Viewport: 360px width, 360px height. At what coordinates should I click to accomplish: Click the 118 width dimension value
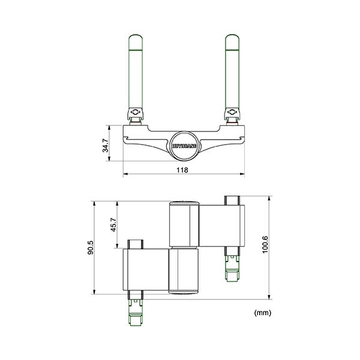click(x=183, y=170)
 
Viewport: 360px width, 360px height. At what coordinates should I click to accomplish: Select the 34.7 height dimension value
click(x=106, y=146)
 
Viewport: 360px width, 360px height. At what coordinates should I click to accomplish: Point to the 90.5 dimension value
click(x=91, y=247)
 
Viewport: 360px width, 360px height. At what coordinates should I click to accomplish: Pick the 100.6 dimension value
click(x=265, y=245)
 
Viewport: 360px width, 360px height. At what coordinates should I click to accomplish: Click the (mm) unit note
click(x=263, y=313)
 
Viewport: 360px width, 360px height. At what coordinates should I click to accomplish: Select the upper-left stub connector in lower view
click(x=135, y=245)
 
